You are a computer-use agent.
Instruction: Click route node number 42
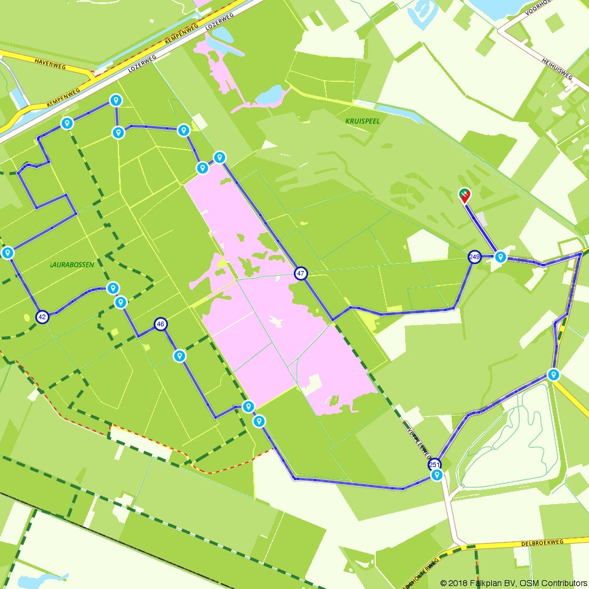click(x=42, y=316)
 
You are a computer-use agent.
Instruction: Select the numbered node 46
click(x=160, y=323)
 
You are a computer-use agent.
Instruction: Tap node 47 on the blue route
click(x=301, y=273)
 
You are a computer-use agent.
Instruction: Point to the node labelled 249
click(x=475, y=257)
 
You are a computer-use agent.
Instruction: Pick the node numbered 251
click(x=435, y=464)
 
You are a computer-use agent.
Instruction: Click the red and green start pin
click(x=465, y=195)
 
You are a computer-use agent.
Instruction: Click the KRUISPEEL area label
click(x=363, y=121)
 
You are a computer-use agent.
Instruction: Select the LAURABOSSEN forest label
click(x=72, y=265)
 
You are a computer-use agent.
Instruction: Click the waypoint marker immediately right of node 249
click(x=500, y=256)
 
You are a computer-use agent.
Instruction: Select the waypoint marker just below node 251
click(x=436, y=475)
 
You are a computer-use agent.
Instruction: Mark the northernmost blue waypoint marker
click(x=116, y=100)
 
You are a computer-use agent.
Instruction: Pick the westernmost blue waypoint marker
click(x=8, y=253)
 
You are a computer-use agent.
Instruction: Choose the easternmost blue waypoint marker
click(x=553, y=374)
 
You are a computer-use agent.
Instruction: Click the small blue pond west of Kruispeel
click(x=270, y=94)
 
